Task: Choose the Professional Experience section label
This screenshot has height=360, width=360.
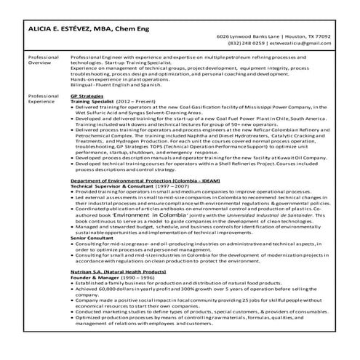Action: coord(43,99)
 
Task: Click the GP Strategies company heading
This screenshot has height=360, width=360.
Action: coord(87,96)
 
